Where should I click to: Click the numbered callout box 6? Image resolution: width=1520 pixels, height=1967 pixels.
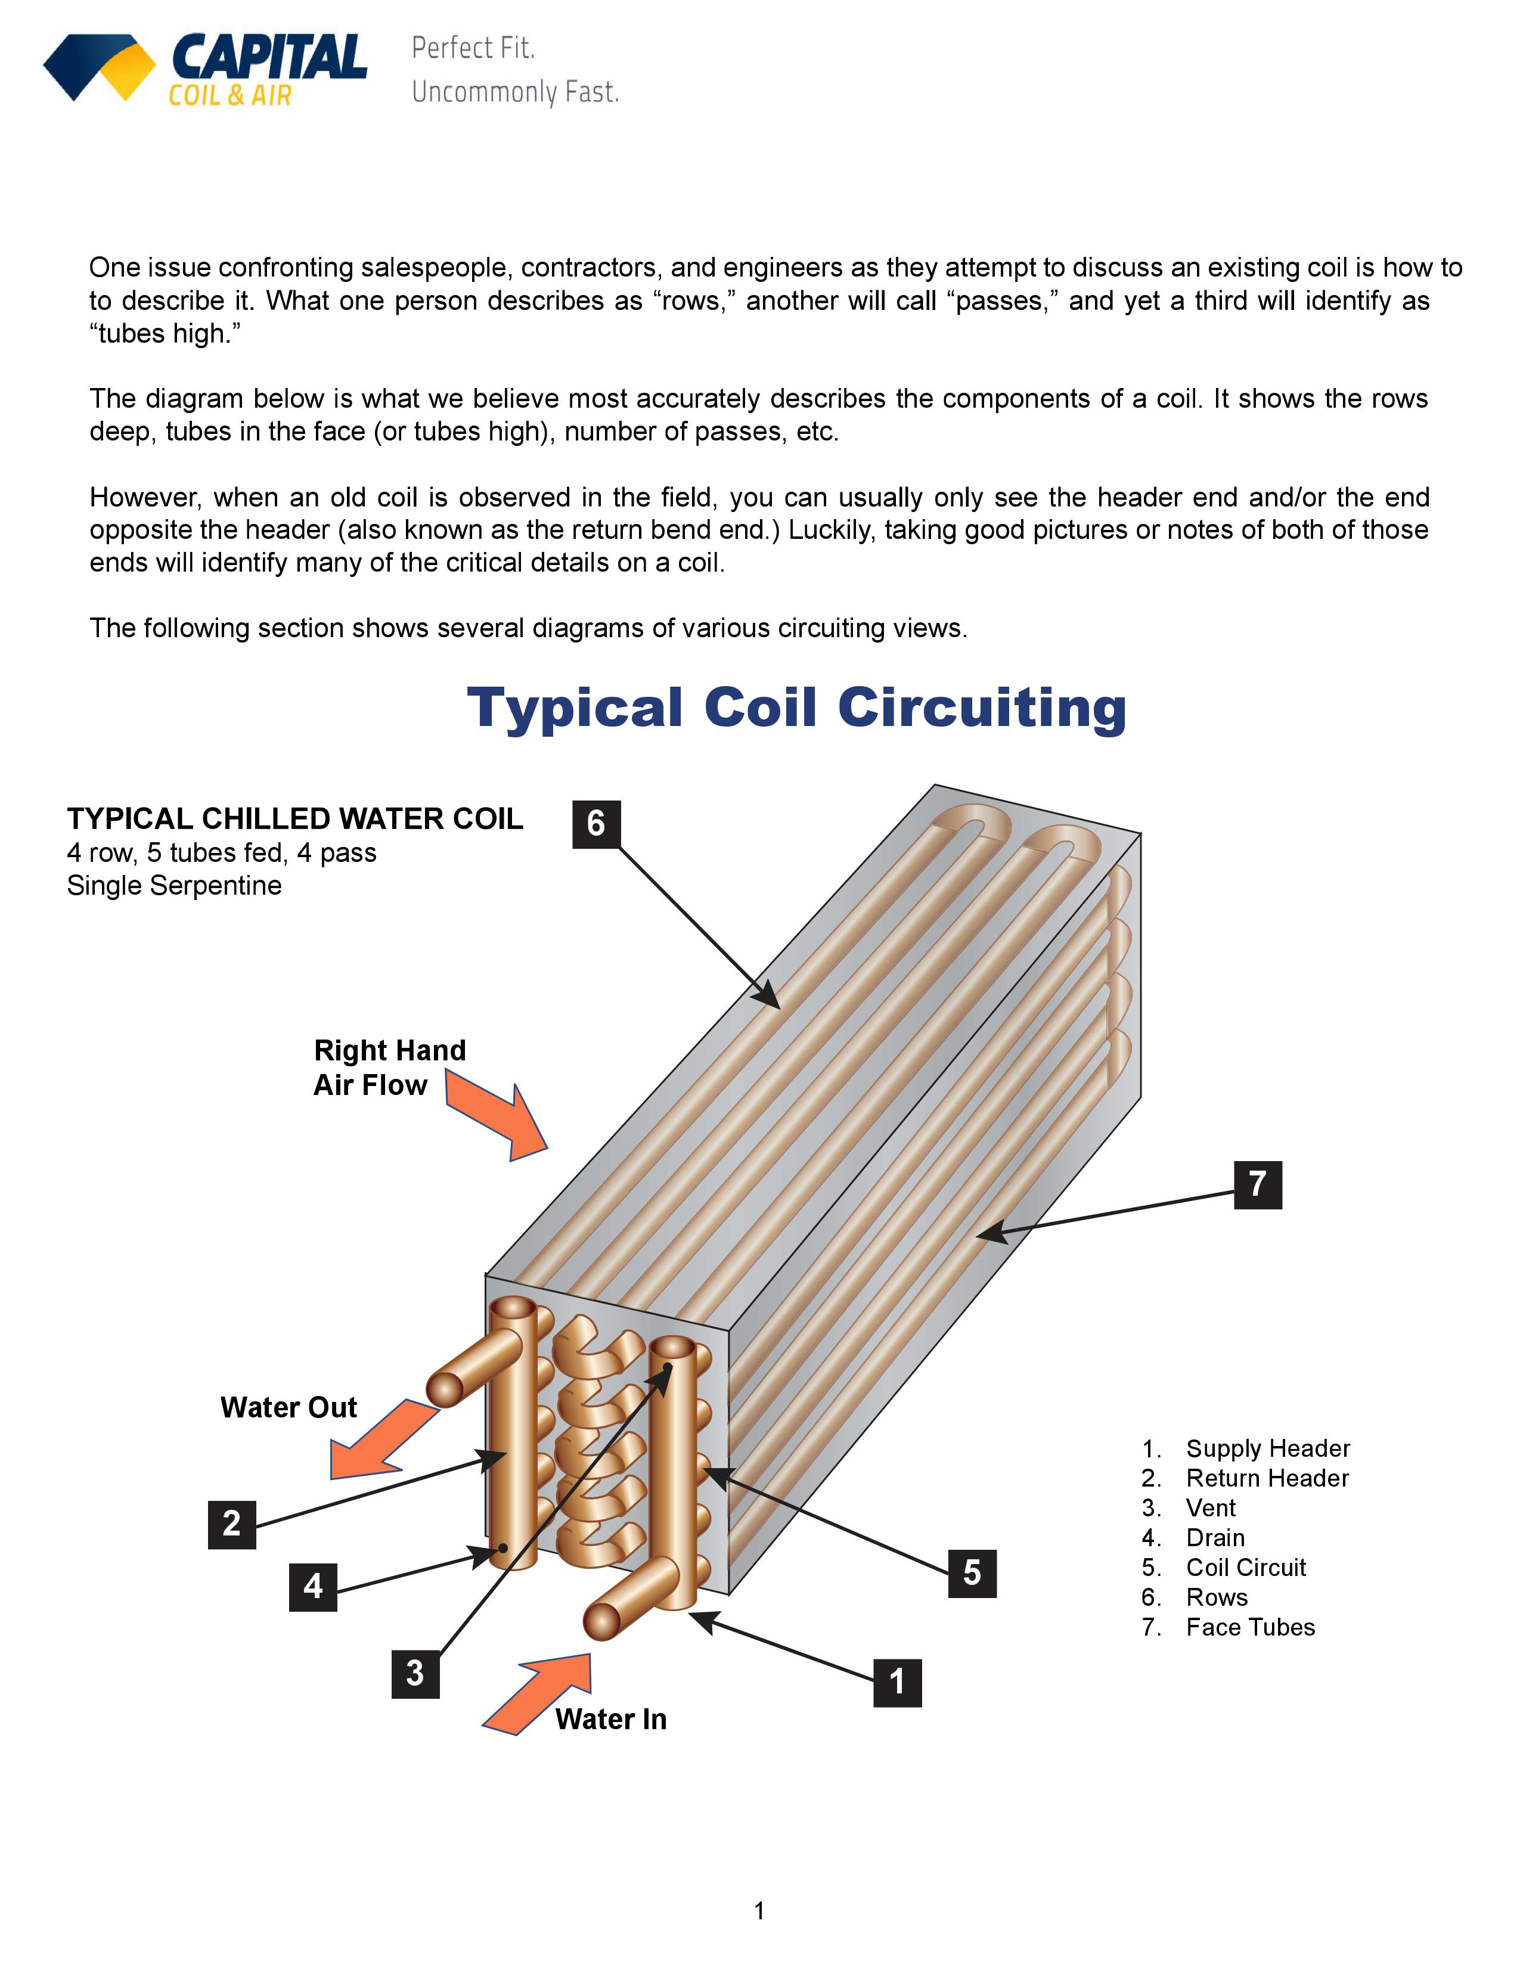(596, 823)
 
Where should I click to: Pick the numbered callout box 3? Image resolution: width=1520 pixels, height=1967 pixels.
(415, 1673)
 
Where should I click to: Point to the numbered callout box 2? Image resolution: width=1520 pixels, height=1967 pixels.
(231, 1524)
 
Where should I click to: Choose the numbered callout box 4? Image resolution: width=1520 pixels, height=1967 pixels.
(312, 1586)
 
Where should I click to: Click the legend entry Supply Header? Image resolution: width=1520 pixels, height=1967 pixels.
(1267, 1448)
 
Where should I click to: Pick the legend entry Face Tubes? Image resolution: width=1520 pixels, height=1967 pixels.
(1250, 1627)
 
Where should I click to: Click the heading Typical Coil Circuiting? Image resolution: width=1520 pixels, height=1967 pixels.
(796, 708)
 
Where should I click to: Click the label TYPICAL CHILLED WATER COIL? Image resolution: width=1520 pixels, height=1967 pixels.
(294, 818)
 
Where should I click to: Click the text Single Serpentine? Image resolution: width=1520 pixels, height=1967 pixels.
(174, 885)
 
